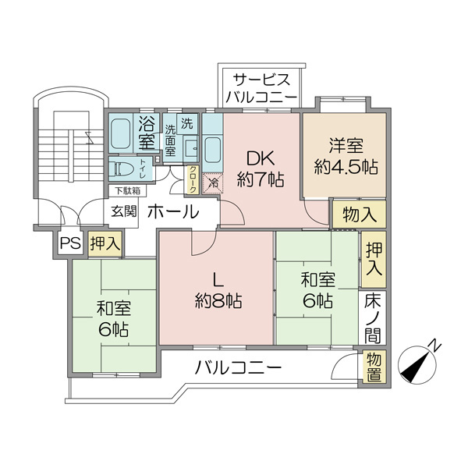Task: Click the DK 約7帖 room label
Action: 261,166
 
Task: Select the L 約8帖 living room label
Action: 218,291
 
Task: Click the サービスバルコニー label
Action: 260,88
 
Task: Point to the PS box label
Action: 70,244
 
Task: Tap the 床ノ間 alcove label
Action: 373,317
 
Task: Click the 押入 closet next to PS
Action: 104,243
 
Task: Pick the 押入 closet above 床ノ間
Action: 373,258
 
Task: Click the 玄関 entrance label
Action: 123,211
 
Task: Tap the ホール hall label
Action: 172,211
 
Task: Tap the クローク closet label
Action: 193,179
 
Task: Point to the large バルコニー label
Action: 238,367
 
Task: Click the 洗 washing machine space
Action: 187,123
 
